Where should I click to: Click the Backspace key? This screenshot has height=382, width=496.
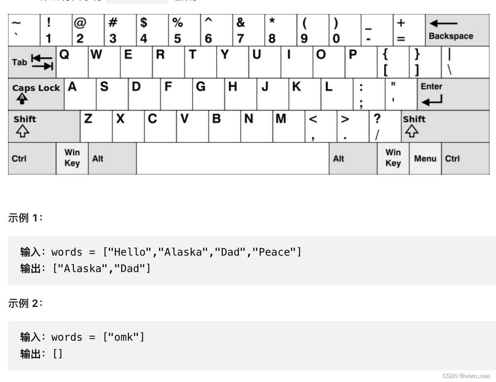point(457,30)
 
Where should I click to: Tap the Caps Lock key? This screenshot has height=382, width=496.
point(36,94)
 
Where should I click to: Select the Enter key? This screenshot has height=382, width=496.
point(453,94)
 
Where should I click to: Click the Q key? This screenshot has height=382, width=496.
point(72,62)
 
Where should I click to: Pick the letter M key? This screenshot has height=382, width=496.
point(289,126)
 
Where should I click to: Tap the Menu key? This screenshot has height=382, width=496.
point(425,158)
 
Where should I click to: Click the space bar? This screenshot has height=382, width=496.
point(232,158)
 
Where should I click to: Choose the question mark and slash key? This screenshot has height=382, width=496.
point(385,126)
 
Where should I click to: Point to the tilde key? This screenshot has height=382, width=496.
point(24,30)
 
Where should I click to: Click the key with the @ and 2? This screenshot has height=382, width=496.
point(88,30)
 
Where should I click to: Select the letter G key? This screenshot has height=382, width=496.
point(208,94)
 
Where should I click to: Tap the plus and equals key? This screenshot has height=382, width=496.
point(409,30)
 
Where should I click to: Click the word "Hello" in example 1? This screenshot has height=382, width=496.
point(130,252)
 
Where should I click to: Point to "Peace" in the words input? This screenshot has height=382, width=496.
point(274,252)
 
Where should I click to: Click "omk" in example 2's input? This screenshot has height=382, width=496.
point(124,337)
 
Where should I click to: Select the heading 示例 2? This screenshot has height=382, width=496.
point(25,303)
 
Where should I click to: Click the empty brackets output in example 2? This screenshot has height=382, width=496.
point(58,354)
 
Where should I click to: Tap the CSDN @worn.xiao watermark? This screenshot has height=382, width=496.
point(466,376)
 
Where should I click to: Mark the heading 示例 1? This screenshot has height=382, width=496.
point(25,218)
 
